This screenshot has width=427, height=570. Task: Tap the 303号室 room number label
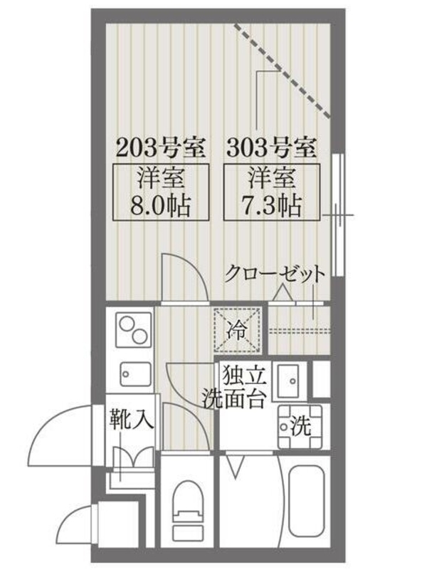272,148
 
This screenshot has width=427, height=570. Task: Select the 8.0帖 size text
161,206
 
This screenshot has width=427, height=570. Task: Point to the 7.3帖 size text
272,206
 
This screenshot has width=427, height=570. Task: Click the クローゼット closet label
274,274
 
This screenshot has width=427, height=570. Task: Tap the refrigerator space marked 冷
238,330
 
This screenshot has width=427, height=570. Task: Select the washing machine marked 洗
300,426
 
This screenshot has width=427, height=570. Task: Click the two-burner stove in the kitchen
133,330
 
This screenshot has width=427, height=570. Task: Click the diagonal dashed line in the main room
283,71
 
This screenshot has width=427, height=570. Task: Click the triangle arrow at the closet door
283,293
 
